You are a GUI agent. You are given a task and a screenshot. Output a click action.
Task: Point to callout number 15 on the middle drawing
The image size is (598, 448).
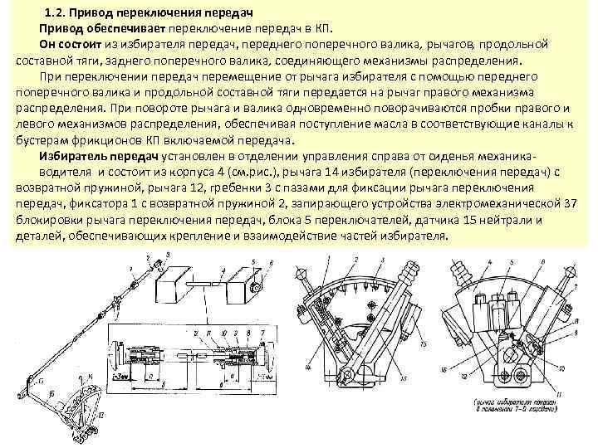click(x=424, y=343)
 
